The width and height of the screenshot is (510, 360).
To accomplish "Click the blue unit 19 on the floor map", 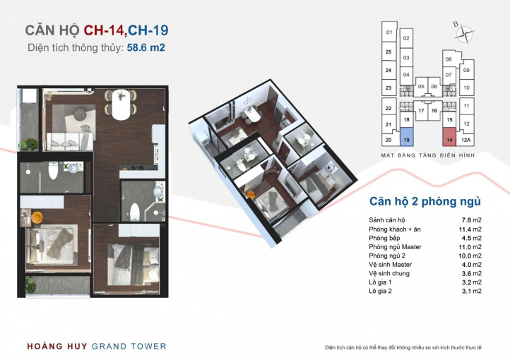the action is click(x=406, y=137).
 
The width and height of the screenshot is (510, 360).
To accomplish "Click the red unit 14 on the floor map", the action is click(x=449, y=137).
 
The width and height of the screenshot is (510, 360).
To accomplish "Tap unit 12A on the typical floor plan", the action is click(x=465, y=140).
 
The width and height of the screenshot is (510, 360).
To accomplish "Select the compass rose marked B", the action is click(x=463, y=33).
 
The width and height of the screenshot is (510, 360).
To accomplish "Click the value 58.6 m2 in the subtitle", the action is click(x=146, y=47).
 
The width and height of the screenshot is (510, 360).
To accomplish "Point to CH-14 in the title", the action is click(x=104, y=30).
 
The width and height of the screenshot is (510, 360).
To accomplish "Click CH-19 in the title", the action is click(x=148, y=30).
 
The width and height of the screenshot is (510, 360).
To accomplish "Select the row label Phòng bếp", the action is click(x=384, y=238).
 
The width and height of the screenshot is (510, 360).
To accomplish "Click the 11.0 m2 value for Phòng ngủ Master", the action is click(x=470, y=247).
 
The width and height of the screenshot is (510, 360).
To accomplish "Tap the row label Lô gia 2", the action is click(x=380, y=291).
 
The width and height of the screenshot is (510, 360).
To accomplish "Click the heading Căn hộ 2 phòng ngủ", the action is click(x=425, y=201).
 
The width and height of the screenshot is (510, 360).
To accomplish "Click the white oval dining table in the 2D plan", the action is click(x=120, y=104).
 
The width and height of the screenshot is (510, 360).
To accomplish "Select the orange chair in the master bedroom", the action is click(x=37, y=217).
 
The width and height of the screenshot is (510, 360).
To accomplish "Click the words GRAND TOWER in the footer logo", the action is click(x=129, y=347).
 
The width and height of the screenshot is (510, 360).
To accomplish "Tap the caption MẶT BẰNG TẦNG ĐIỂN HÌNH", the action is click(x=428, y=155).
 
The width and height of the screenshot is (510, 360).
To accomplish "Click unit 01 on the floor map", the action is click(x=389, y=32).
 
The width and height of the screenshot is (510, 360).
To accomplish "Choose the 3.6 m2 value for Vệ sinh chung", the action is click(x=472, y=274).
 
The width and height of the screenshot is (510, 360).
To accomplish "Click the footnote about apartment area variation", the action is click(x=403, y=348).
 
